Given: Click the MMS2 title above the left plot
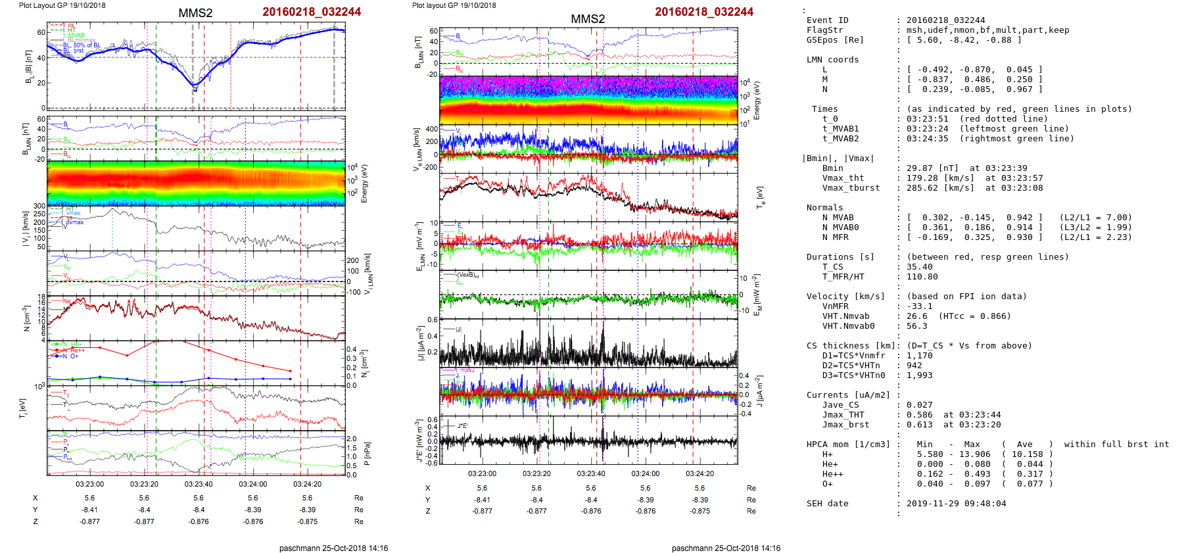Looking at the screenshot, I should tap(195, 13).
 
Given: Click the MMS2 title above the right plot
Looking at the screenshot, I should tap(588, 19).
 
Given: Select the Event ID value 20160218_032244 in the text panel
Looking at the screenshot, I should tap(945, 20).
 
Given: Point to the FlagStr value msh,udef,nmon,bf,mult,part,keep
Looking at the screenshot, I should tap(987, 30).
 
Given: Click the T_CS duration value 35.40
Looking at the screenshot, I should tap(919, 267).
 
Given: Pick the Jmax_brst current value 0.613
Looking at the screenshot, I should tap(919, 425).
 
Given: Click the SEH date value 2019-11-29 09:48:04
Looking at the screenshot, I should tap(956, 504).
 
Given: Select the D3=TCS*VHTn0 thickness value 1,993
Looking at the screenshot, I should tap(919, 375).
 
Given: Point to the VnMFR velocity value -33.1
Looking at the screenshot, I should tap(919, 306).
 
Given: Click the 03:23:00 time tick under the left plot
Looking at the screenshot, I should tap(89, 484).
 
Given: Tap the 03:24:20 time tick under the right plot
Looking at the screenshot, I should tap(700, 473).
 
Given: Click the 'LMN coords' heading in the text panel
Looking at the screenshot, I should tap(832, 60).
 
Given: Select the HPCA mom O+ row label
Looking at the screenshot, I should tap(827, 484).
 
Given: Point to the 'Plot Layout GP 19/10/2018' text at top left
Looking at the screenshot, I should tap(62, 5).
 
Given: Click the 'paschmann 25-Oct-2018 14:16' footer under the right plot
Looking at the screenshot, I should tap(726, 548).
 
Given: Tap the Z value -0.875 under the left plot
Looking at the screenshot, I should tap(308, 521).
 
